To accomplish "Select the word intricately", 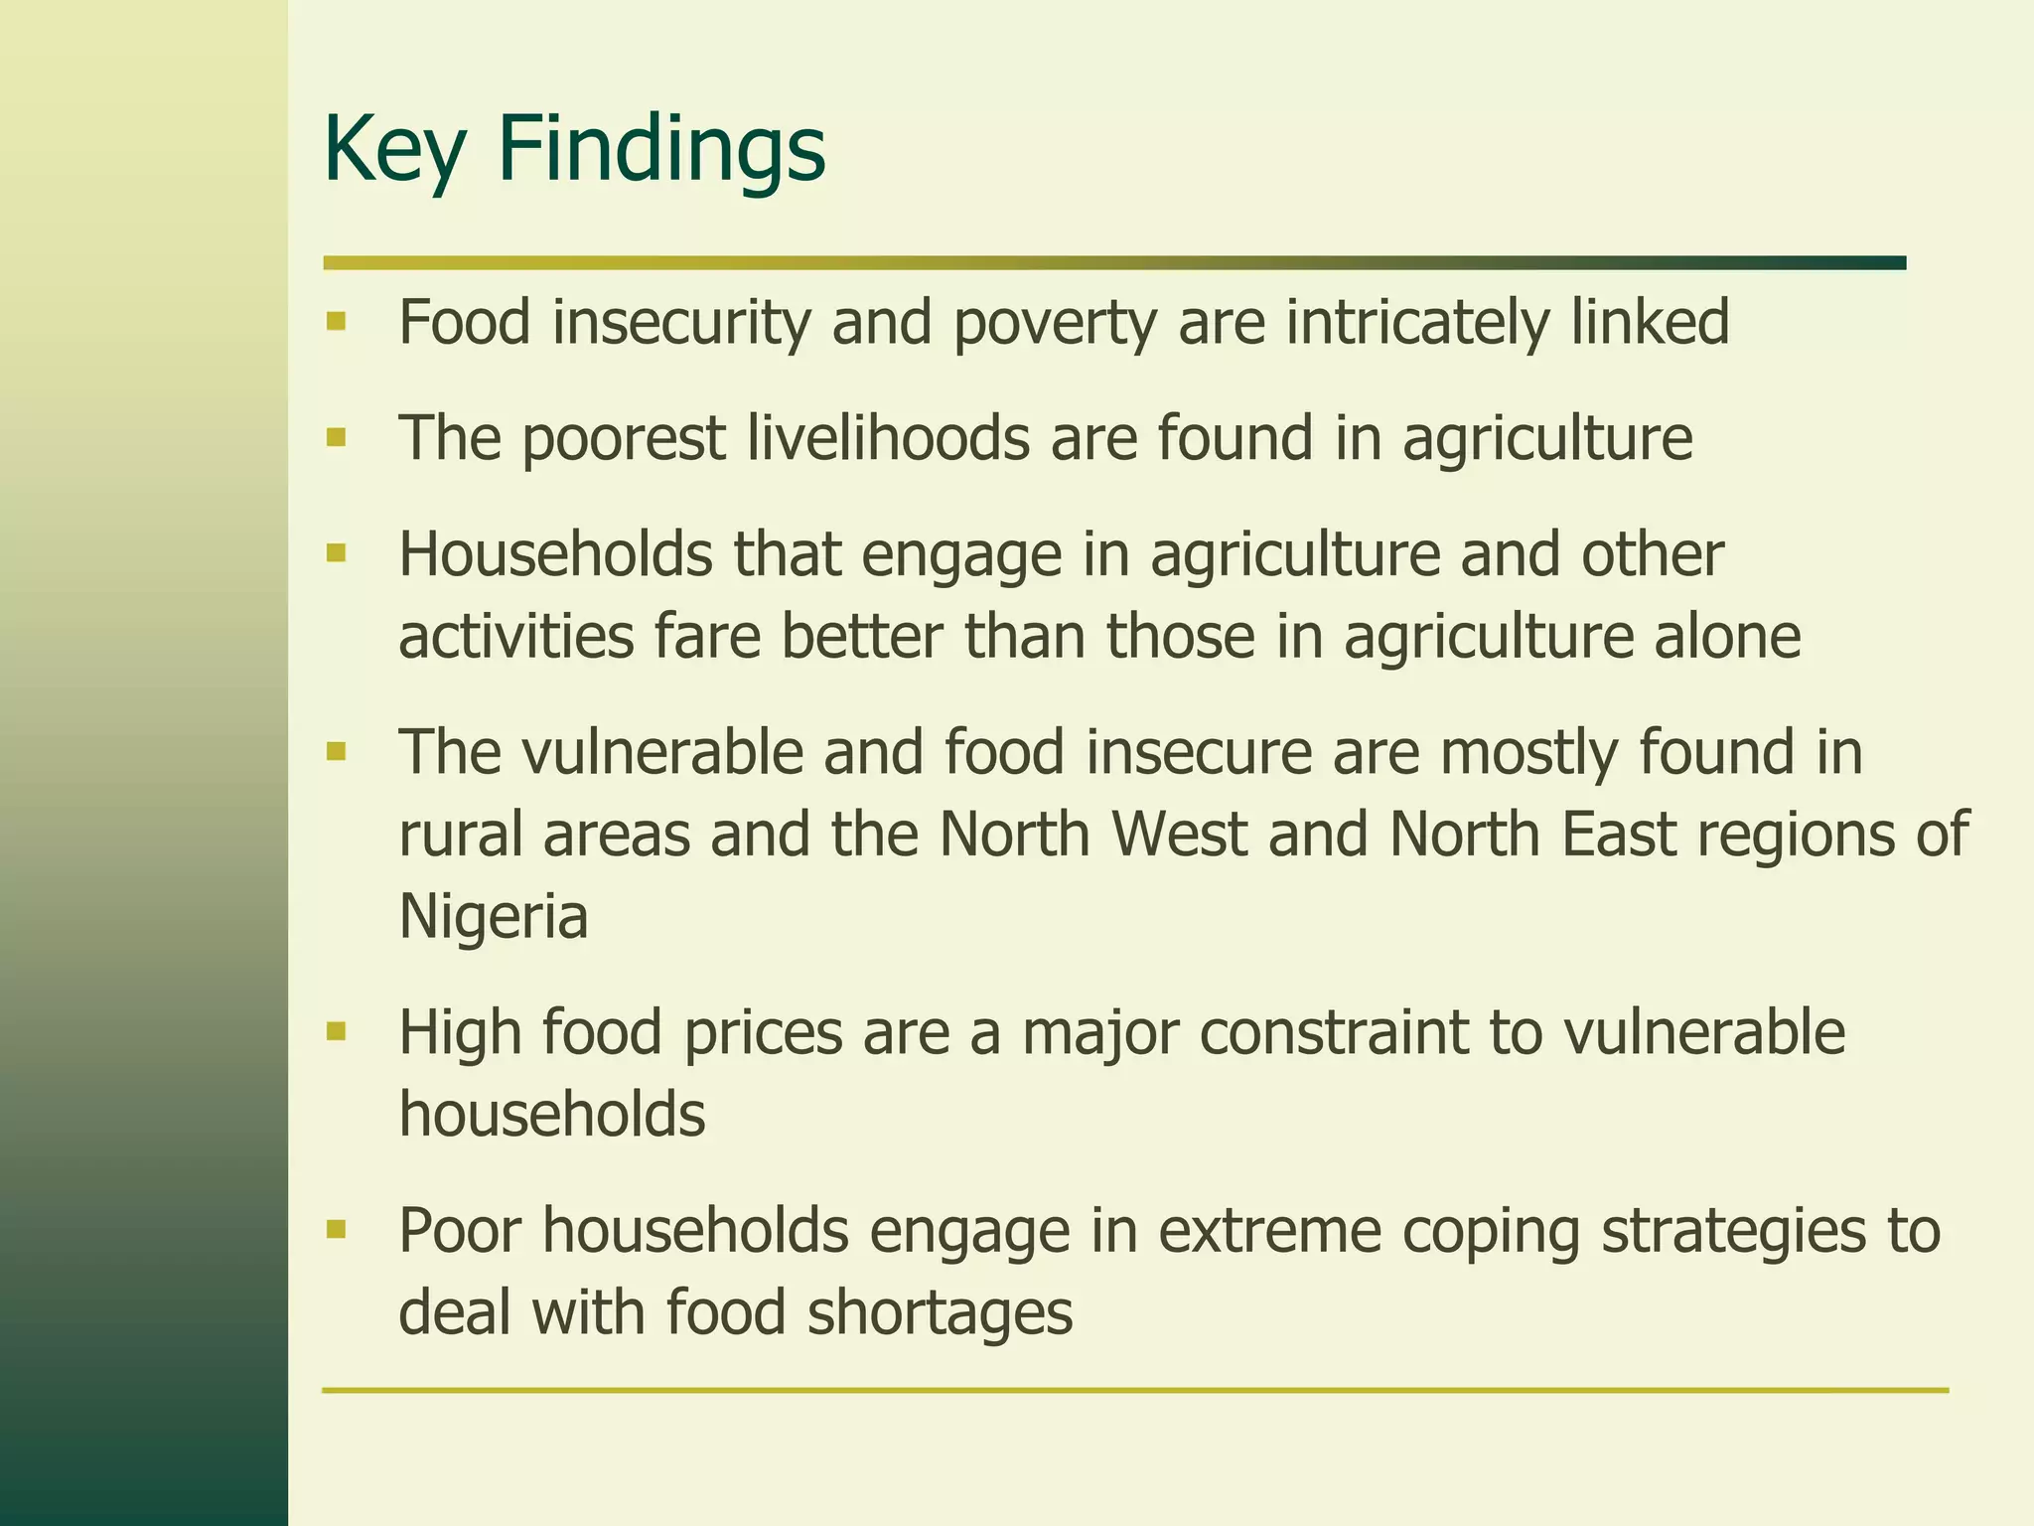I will click(x=1417, y=323).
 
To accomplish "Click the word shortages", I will click(x=940, y=1312).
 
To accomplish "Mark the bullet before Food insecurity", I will click(x=336, y=321).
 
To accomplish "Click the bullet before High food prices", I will click(x=336, y=1031).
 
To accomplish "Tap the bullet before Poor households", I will click(x=336, y=1229).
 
